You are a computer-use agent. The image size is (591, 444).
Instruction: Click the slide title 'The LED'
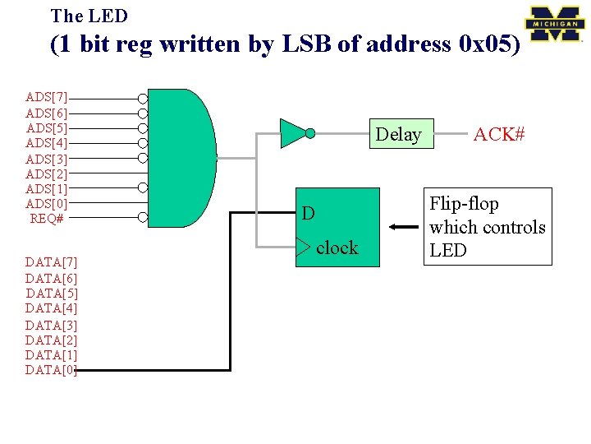coord(89,16)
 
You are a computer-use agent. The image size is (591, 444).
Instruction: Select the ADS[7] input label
coord(47,98)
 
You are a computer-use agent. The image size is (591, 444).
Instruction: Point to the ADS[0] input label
coord(47,204)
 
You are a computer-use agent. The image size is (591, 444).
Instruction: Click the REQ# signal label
coord(47,219)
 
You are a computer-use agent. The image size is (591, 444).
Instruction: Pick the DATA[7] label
coord(51,262)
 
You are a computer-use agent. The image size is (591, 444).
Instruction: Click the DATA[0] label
coord(51,370)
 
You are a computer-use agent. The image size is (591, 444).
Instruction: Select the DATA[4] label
coord(51,308)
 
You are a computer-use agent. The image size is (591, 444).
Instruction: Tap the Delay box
coord(398,134)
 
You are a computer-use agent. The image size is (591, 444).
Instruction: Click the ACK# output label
coord(498,134)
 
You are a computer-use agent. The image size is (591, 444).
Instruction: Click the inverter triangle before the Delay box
coord(292,132)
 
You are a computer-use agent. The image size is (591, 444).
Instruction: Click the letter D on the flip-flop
coord(308,214)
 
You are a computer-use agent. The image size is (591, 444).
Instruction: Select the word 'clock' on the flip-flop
coord(337,247)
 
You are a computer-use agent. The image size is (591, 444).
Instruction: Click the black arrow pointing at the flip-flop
coord(404,228)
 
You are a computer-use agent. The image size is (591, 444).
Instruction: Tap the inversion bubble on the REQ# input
coord(143,218)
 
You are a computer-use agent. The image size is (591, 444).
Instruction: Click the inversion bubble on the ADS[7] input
coord(143,99)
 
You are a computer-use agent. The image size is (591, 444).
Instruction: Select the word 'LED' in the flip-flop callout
coord(447,251)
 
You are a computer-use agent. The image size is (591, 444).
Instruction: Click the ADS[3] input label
coord(47,159)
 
